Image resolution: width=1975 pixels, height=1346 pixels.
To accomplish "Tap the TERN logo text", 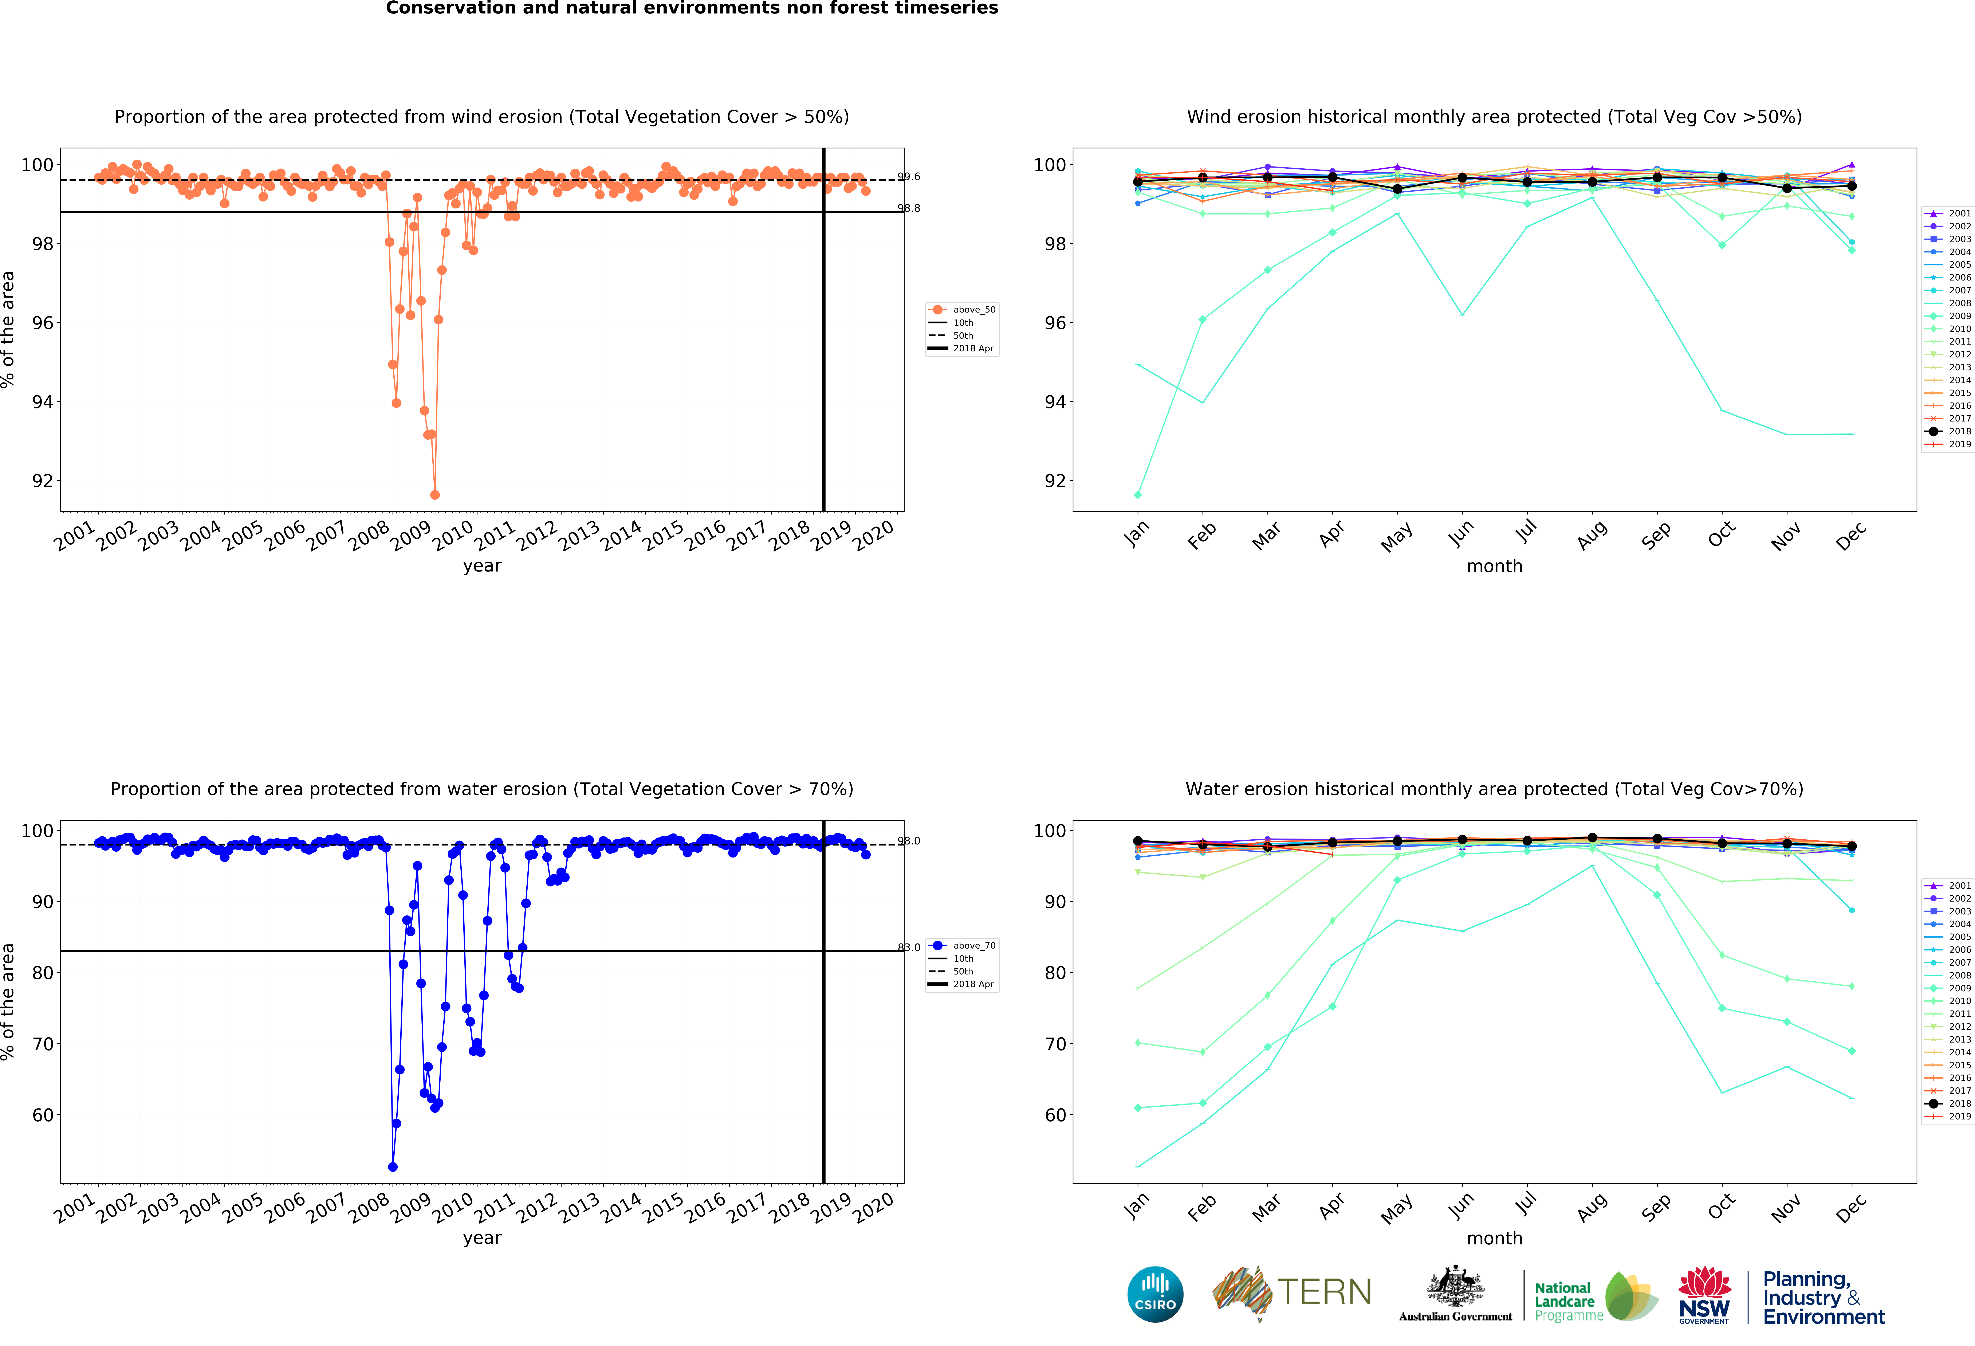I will point(1324,1292).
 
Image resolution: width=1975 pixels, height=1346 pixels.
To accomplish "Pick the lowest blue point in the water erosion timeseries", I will point(393,1167).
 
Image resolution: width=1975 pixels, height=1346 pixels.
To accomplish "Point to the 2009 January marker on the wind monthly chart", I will point(1138,495).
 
